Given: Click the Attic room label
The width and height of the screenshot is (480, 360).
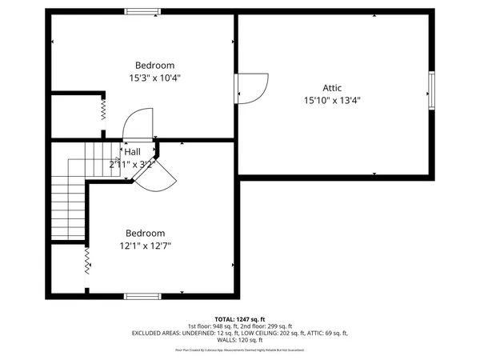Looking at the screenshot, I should (331, 88).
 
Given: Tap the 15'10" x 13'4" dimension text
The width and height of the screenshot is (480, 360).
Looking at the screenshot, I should (331, 101).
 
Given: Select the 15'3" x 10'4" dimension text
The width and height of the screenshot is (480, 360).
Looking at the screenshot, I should (154, 78).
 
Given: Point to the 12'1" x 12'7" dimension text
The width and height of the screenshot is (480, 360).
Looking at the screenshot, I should (145, 246).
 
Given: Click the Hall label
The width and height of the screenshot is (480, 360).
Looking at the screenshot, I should (132, 151).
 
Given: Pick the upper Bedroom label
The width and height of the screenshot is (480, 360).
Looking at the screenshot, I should (154, 66).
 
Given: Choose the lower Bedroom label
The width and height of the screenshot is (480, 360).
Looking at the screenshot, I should (145, 234).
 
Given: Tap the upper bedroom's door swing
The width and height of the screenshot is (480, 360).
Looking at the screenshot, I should (135, 126).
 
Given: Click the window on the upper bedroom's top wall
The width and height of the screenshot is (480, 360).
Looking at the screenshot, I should (142, 10).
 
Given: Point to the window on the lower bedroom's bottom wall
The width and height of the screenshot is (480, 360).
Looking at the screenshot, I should (142, 297).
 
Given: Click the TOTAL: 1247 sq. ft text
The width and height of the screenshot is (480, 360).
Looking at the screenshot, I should (240, 318).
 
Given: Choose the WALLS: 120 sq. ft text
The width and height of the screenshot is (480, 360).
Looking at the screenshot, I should (240, 341).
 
